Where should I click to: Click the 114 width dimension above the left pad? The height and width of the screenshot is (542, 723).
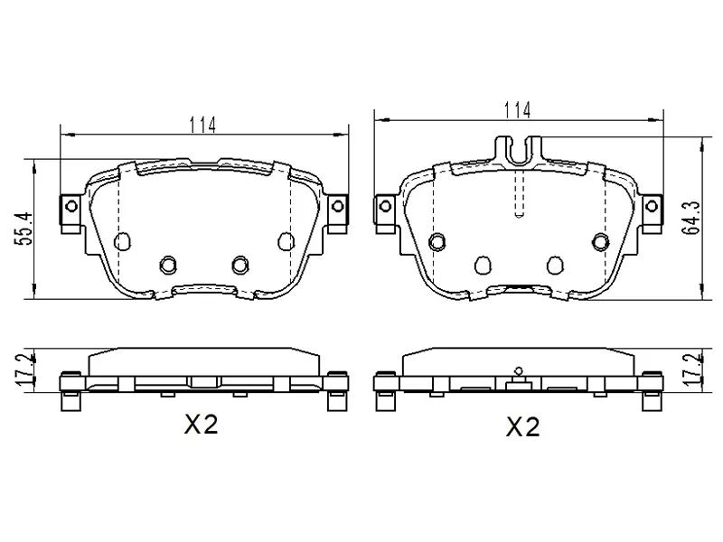(x=202, y=125)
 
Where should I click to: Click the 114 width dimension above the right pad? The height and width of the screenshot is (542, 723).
(x=517, y=110)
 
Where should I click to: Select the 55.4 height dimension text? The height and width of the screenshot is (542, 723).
(x=26, y=229)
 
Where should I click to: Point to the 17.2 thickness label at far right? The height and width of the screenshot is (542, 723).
(x=691, y=369)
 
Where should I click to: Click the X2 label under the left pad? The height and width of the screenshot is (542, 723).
(x=201, y=425)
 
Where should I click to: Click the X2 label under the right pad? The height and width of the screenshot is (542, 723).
(x=523, y=426)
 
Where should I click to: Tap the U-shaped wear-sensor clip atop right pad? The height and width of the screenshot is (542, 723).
(x=519, y=150)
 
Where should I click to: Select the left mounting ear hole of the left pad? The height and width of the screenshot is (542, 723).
(x=71, y=206)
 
